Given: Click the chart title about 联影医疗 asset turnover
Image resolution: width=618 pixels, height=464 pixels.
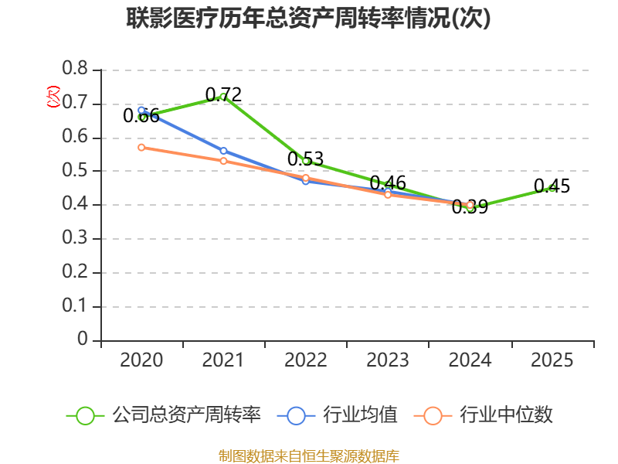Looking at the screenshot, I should (x=309, y=19).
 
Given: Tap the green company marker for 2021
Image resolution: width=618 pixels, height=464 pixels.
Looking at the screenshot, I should (x=223, y=97).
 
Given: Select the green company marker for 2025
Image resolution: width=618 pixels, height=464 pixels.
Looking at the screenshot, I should (x=552, y=188).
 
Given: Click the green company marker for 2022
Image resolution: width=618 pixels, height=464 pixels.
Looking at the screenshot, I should (x=306, y=161).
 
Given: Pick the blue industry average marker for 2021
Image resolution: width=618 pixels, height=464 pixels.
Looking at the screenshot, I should (x=223, y=151).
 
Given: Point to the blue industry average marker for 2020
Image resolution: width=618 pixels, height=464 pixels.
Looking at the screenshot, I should (x=141, y=110).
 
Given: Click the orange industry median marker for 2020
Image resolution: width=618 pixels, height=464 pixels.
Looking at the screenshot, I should (x=141, y=147).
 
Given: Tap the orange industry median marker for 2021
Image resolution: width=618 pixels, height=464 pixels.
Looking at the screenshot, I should (x=223, y=161).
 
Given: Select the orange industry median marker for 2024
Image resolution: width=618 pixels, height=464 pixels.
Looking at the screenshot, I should (x=470, y=205).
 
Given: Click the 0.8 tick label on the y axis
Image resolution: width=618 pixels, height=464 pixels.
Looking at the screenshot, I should (x=76, y=70).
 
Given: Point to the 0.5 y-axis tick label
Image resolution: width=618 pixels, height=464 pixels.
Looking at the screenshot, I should (x=76, y=171).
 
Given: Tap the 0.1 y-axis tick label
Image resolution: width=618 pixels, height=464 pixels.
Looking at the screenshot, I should (x=76, y=306).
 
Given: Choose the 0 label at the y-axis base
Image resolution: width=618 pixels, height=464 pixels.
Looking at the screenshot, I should (x=83, y=340).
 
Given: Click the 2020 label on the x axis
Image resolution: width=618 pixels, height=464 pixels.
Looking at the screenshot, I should (x=141, y=360).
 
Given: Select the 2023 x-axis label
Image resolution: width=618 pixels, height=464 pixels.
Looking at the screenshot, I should (x=388, y=360).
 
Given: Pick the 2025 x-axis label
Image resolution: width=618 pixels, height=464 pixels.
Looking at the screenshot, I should (x=552, y=360).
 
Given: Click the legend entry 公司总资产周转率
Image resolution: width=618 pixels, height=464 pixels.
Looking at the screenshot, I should (x=185, y=415).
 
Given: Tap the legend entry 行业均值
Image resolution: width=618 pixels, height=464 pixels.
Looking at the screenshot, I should (x=360, y=415).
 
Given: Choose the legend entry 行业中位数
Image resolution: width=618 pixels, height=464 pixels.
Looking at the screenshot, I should (x=506, y=415).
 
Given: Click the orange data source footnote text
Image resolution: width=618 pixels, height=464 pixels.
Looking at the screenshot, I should (x=309, y=455).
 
